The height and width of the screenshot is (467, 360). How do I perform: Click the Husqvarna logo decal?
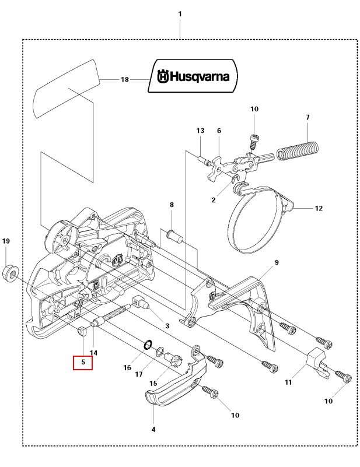pyautogui.click(x=193, y=76)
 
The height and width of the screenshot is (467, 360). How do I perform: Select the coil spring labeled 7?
pyautogui.click(x=298, y=152)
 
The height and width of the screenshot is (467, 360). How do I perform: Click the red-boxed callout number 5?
pyautogui.click(x=83, y=362)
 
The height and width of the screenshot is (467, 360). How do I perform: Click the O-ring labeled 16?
pyautogui.click(x=148, y=345)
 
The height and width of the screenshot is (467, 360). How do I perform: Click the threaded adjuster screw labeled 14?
pyautogui.click(x=110, y=315)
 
